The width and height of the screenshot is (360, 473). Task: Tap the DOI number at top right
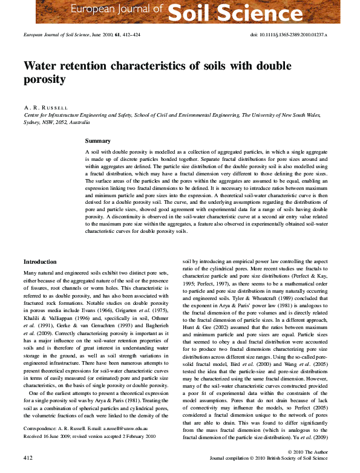coord(289,36)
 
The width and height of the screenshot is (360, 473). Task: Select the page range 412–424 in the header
coord(131,36)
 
